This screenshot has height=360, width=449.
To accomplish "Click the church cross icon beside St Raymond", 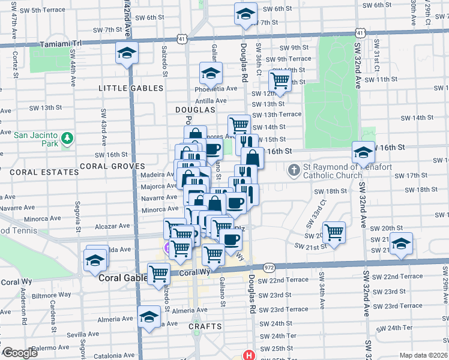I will point(294,170).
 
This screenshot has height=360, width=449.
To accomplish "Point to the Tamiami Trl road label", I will point(60,44).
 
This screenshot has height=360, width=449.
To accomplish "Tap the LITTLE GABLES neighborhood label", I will point(131,88).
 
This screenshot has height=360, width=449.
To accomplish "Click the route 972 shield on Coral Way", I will point(268,267).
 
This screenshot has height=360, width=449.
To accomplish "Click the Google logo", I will point(20,353).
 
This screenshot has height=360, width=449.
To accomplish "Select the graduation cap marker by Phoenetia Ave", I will point(211,74).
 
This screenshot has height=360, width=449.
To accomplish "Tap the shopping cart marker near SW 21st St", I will point(334,231).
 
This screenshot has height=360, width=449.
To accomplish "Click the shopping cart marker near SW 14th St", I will point(239,124).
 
